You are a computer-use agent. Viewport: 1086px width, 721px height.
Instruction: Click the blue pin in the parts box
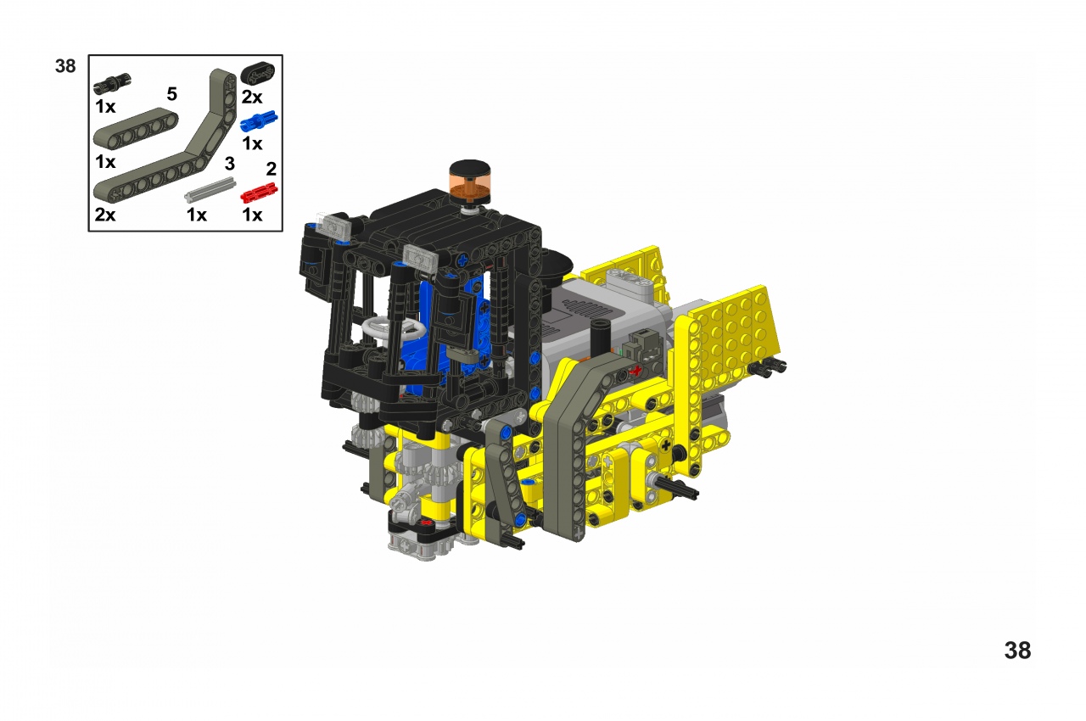259,121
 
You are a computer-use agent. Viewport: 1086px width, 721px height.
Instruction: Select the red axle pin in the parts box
259,193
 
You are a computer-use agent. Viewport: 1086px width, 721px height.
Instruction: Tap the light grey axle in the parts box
210,189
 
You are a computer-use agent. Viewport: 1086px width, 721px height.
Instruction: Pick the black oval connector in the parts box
257,74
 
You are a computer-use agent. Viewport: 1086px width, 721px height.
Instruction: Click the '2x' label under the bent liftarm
105,214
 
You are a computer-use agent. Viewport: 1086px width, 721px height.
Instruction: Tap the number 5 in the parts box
171,94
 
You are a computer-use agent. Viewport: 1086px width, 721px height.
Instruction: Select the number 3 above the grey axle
230,164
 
